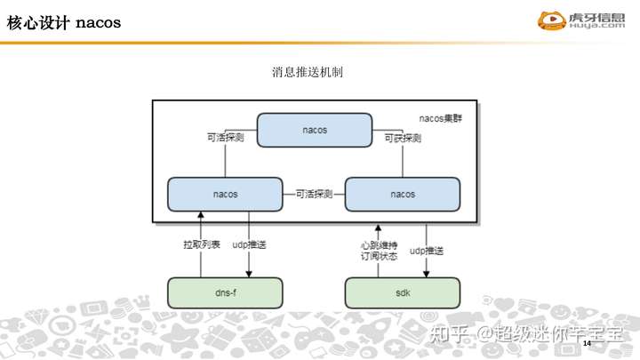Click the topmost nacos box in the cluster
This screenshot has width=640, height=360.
pyautogui.click(x=315, y=130)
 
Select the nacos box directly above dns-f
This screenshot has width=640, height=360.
pyautogui.click(x=225, y=193)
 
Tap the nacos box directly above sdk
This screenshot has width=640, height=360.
pyautogui.click(x=402, y=193)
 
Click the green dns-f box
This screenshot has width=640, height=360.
pyautogui.click(x=225, y=292)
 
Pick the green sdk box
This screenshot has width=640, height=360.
pyautogui.click(x=402, y=292)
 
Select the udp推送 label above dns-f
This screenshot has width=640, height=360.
pyautogui.click(x=250, y=244)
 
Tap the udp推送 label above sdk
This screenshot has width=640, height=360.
pyautogui.click(x=427, y=252)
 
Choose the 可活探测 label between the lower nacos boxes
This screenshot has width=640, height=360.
pyautogui.click(x=313, y=193)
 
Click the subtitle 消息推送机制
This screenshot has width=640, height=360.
pyautogui.click(x=308, y=71)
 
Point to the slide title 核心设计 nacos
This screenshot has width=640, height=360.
pyautogui.click(x=65, y=23)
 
